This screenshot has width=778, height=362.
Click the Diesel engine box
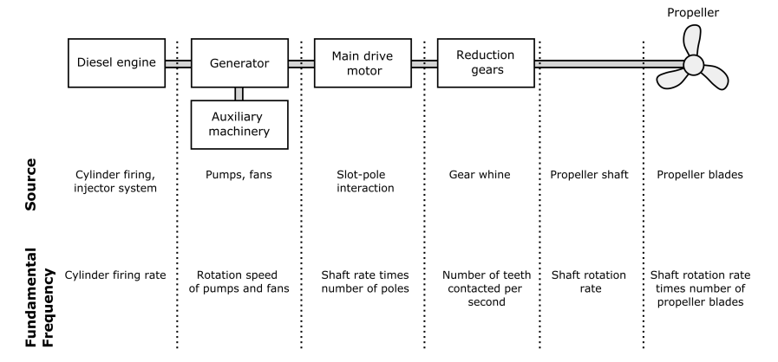point(116,63)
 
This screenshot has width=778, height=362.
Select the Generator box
point(239,63)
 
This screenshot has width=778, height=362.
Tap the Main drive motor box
point(363,63)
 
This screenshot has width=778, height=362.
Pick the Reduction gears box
point(486,63)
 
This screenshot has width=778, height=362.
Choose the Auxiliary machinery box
point(239,125)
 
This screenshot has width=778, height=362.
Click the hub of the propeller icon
point(693,65)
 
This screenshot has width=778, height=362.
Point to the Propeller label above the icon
point(693,12)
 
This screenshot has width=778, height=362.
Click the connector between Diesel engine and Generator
point(178,64)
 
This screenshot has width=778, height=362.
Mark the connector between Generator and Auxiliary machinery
point(239,94)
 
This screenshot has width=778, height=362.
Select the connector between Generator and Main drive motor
point(301,64)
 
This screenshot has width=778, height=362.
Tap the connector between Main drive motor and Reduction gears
point(424,64)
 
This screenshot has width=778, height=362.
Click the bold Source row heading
point(30,184)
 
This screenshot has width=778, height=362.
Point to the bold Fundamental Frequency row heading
point(39,297)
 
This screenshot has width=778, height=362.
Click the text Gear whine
point(480,175)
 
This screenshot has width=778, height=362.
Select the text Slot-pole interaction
point(365,181)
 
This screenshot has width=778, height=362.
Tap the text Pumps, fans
point(239,175)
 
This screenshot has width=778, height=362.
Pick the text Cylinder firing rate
point(115,275)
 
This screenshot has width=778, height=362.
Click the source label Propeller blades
point(700,175)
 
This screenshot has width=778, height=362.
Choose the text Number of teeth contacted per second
point(487,288)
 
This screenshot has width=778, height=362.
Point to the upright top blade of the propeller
point(692,41)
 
